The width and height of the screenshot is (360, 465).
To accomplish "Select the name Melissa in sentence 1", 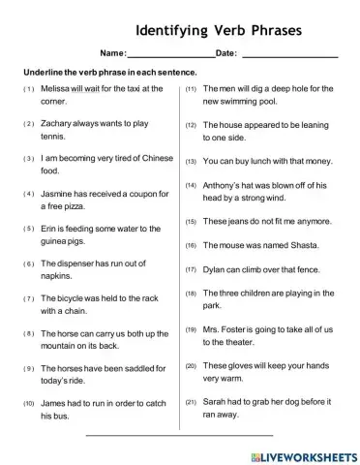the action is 56,88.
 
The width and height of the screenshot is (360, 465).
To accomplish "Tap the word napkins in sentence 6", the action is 58,276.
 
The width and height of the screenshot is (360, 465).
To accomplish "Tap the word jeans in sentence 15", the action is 239,221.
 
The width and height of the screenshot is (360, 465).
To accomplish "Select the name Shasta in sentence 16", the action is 303,245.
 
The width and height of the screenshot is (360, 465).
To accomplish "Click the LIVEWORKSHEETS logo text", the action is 310,452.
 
